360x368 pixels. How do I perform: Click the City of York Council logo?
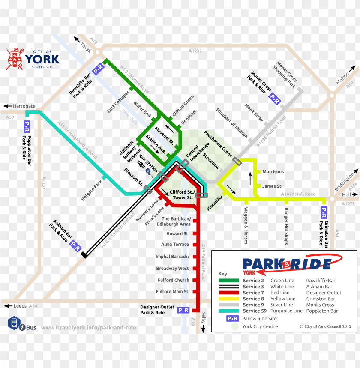(x=33, y=59)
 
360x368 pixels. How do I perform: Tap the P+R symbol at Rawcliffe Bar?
(x=99, y=69)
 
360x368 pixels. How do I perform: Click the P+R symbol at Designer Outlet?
(x=183, y=310)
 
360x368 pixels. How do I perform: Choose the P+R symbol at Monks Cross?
(x=274, y=99)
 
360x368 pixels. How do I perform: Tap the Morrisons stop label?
(x=273, y=172)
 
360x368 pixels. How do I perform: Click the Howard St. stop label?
(x=177, y=234)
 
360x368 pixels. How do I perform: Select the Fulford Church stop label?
(x=173, y=280)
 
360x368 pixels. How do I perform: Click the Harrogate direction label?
(x=24, y=106)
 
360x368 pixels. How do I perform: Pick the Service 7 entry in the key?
(x=253, y=293)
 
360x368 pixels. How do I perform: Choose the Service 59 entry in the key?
(x=255, y=311)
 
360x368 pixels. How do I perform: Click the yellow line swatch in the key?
(x=229, y=299)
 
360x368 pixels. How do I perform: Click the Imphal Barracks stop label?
(x=172, y=257)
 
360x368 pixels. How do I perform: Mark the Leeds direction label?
(x=20, y=306)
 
